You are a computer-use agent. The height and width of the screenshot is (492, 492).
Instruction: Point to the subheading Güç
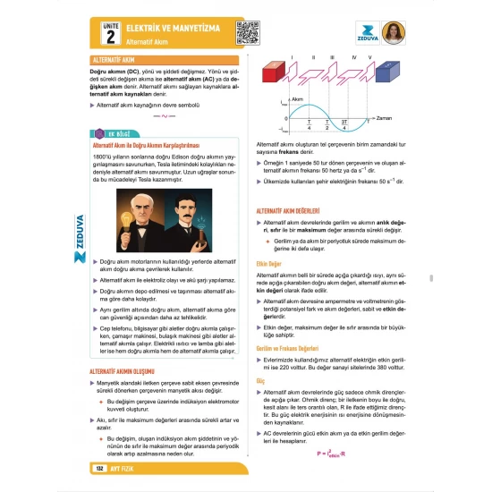tap(260, 380)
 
